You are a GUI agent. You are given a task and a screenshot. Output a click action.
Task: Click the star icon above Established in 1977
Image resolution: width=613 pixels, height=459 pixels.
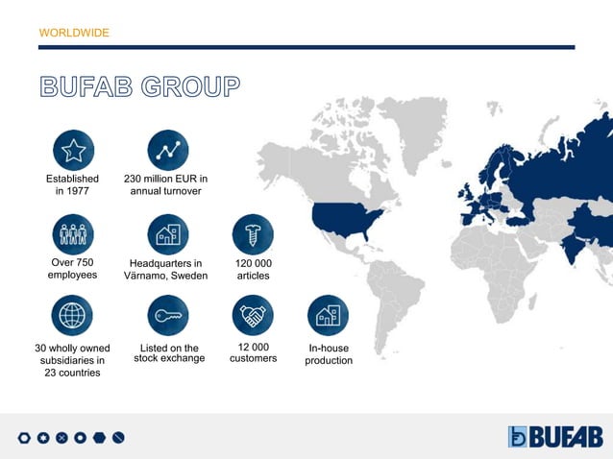73,150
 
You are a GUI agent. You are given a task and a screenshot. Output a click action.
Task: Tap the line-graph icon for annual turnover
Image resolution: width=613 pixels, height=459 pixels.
168,150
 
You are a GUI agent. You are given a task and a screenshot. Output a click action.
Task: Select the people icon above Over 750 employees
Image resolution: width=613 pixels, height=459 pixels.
73,234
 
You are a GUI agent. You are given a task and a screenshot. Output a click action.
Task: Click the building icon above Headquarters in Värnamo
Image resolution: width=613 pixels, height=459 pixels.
168,234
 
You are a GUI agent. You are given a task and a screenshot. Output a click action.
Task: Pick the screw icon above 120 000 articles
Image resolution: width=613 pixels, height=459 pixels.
253,234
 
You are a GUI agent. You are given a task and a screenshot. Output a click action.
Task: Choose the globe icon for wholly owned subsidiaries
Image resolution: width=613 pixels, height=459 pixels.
73,315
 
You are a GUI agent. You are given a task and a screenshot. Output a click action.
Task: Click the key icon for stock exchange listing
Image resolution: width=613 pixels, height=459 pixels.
168,315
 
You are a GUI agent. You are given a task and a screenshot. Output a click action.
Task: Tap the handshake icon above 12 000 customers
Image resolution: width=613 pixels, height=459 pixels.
253,315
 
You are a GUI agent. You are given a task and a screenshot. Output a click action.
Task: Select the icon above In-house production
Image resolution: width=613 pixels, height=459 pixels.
328,315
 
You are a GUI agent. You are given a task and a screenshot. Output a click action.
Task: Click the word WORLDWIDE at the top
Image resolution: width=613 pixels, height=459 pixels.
74,33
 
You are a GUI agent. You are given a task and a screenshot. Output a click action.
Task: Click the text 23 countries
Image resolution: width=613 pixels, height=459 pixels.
72,373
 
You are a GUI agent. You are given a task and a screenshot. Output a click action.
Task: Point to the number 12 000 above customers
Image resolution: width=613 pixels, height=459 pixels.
253,347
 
